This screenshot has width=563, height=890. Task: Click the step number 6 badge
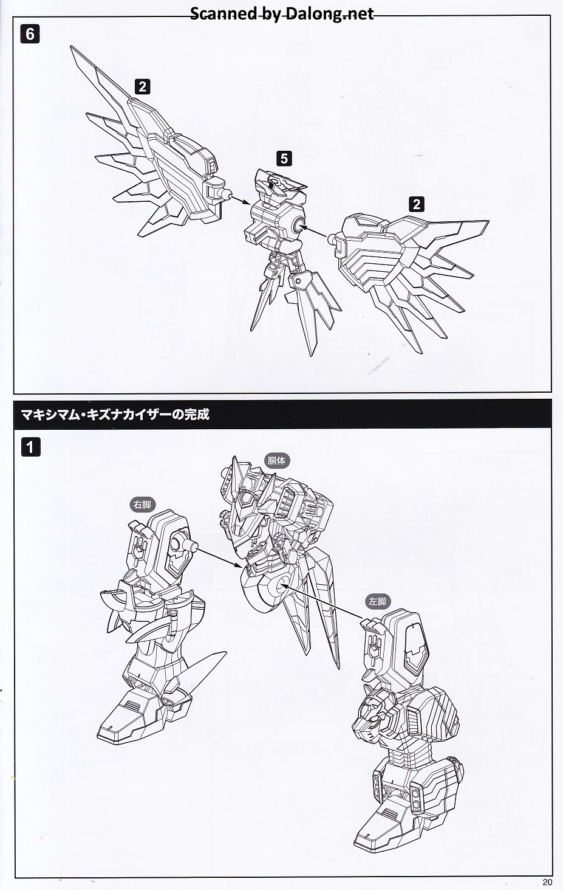pyautogui.click(x=30, y=34)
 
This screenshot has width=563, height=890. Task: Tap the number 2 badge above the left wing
pyautogui.click(x=143, y=86)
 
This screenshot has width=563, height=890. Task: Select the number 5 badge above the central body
pyautogui.click(x=284, y=159)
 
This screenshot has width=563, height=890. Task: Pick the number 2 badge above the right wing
pyautogui.click(x=417, y=204)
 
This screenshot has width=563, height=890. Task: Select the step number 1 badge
pyautogui.click(x=30, y=447)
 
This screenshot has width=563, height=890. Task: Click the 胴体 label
pyautogui.click(x=277, y=461)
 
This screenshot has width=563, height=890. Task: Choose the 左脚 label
pyautogui.click(x=377, y=602)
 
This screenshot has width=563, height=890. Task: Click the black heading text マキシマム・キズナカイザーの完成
pyautogui.click(x=115, y=415)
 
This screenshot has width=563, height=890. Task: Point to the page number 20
pyautogui.click(x=547, y=882)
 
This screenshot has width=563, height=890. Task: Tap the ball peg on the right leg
pyautogui.click(x=193, y=547)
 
